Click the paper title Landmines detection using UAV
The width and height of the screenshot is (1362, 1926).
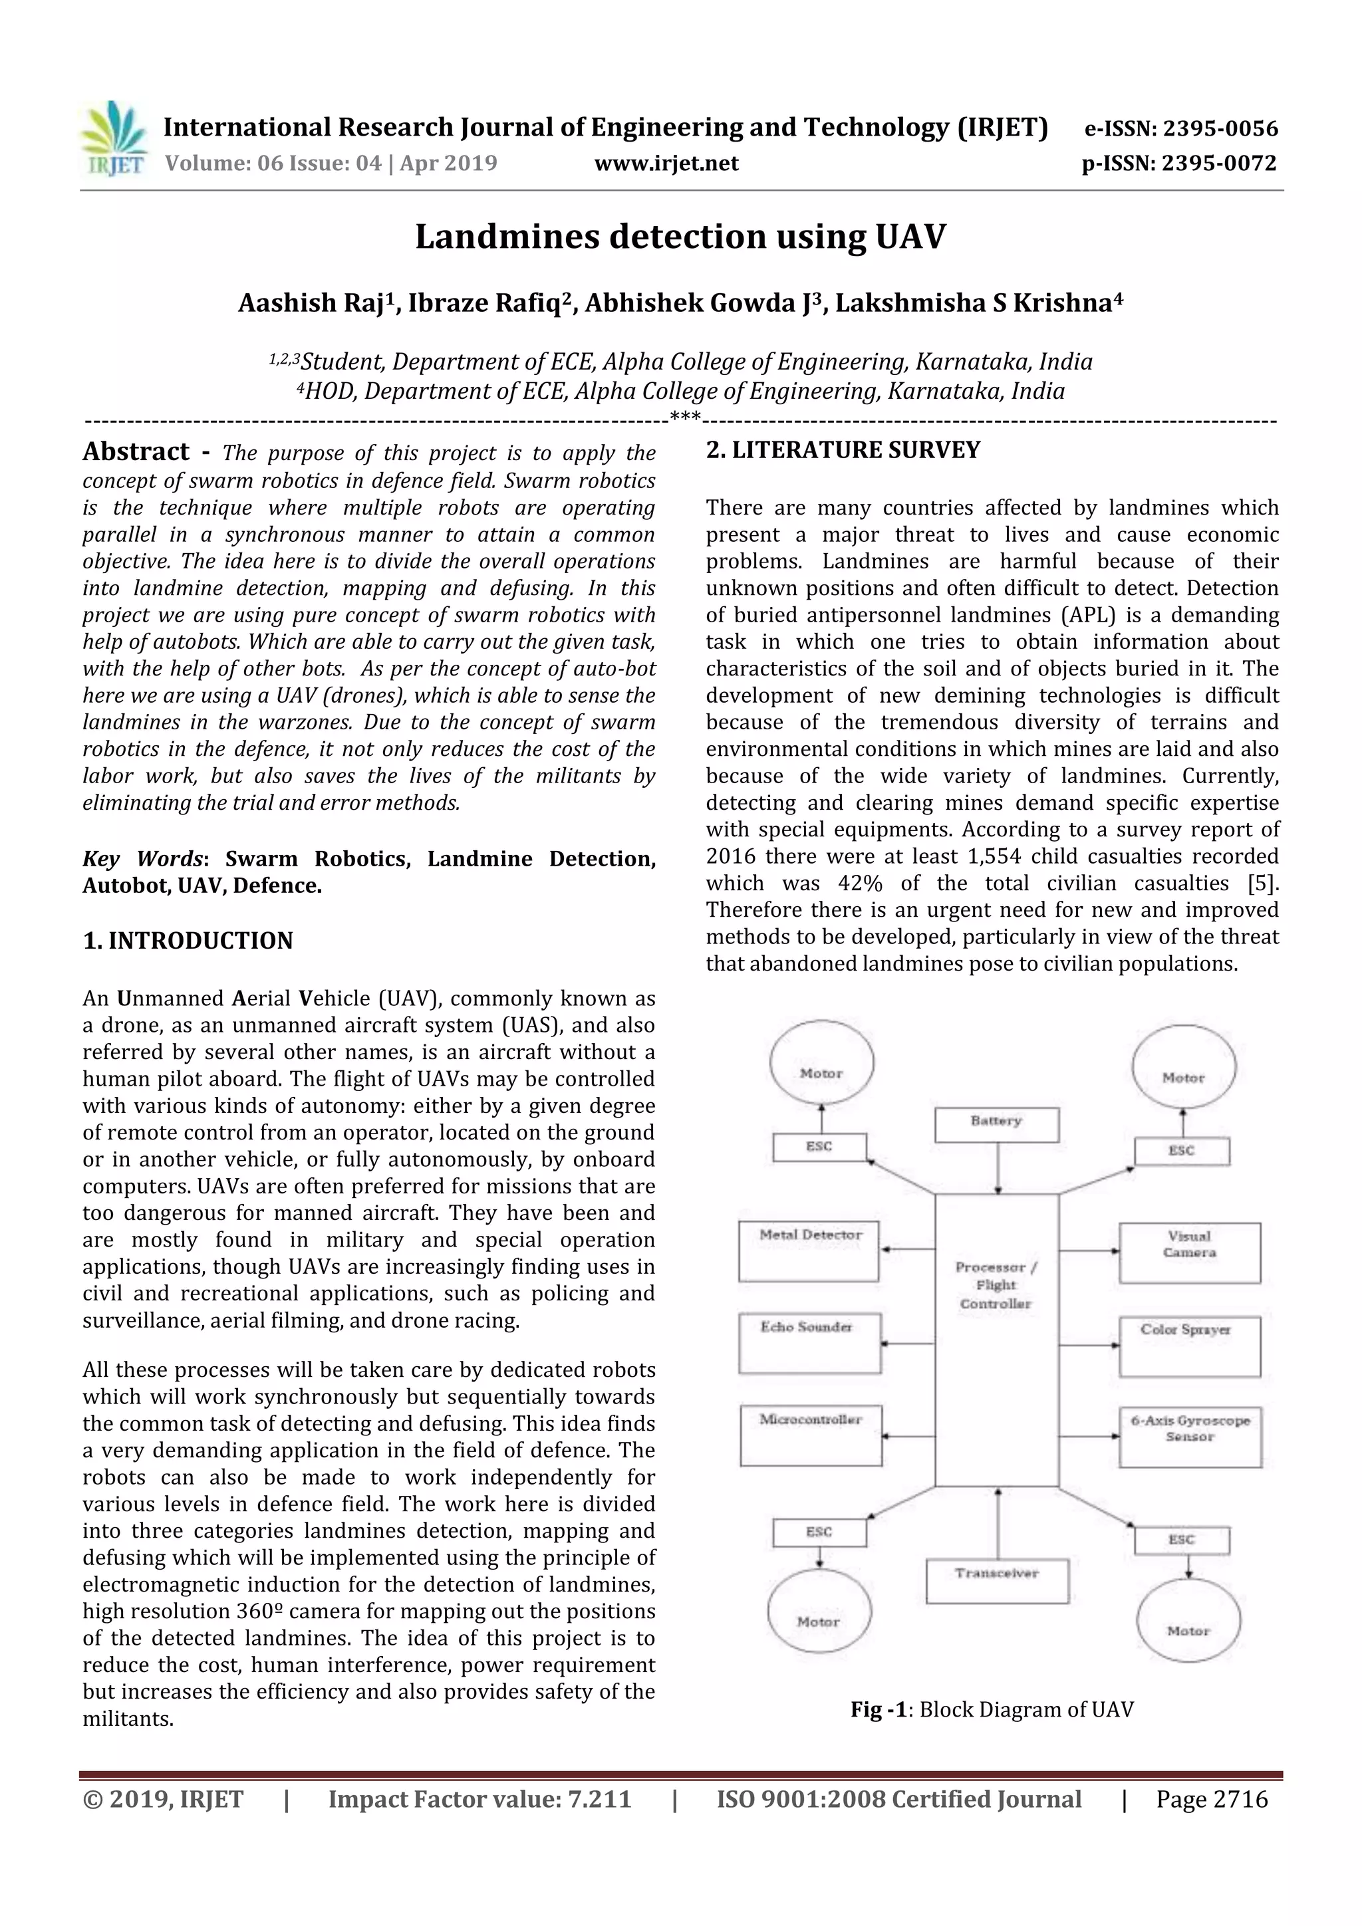click(x=680, y=237)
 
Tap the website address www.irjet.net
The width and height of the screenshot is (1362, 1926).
click(x=666, y=163)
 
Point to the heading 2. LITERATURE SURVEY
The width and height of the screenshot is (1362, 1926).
click(x=843, y=451)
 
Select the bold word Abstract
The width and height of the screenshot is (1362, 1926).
click(x=136, y=452)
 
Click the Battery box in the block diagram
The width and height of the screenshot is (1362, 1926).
click(x=996, y=1125)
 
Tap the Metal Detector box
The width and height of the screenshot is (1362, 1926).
click(x=809, y=1251)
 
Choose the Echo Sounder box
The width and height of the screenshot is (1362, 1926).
click(x=809, y=1343)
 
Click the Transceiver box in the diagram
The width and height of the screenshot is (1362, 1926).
click(x=997, y=1580)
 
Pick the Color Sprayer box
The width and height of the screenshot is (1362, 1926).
click(x=1189, y=1346)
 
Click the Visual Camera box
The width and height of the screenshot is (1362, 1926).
click(x=1189, y=1253)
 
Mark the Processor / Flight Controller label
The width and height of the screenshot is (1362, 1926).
click(x=996, y=1285)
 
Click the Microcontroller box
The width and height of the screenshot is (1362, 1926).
click(x=810, y=1435)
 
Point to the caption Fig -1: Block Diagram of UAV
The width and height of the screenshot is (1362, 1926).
click(x=992, y=1709)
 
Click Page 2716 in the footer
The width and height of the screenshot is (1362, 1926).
click(x=1211, y=1799)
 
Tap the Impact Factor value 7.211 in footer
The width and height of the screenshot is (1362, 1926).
click(x=479, y=1799)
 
